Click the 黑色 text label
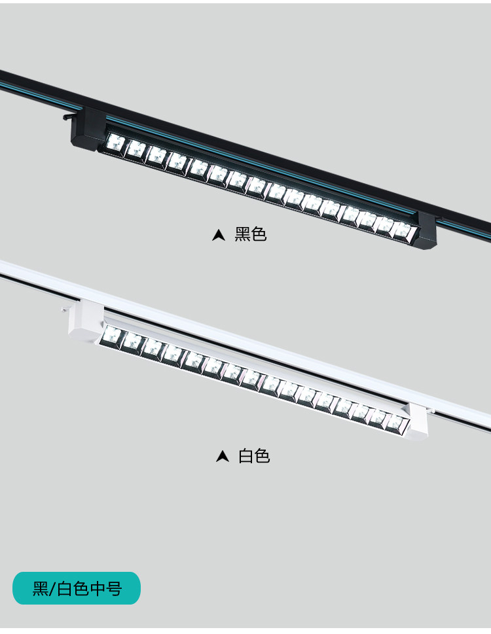coord(250,234)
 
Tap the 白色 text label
coord(254,456)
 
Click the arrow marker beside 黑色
coord(219,235)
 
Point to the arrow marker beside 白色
coord(223,457)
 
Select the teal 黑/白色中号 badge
coord(77,588)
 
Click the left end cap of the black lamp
coord(88,129)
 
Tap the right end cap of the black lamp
coord(427,230)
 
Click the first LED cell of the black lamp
coord(116,143)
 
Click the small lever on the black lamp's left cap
coord(68,117)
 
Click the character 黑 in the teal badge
coord(41,588)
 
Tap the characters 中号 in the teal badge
coord(106,588)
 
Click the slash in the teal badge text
coord(52,589)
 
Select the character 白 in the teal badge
coord(64,588)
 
